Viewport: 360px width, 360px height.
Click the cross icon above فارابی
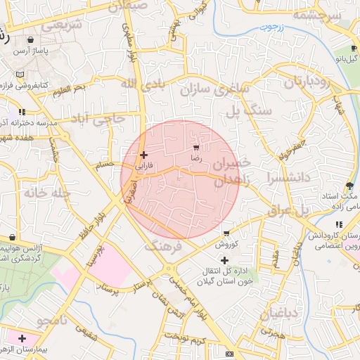point(143,155)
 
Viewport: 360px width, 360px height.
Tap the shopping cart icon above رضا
point(195,148)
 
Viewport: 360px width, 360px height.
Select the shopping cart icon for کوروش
point(226,233)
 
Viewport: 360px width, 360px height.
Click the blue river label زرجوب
point(266,27)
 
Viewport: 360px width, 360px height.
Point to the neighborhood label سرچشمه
point(317,15)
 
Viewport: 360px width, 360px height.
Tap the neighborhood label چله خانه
point(46,192)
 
